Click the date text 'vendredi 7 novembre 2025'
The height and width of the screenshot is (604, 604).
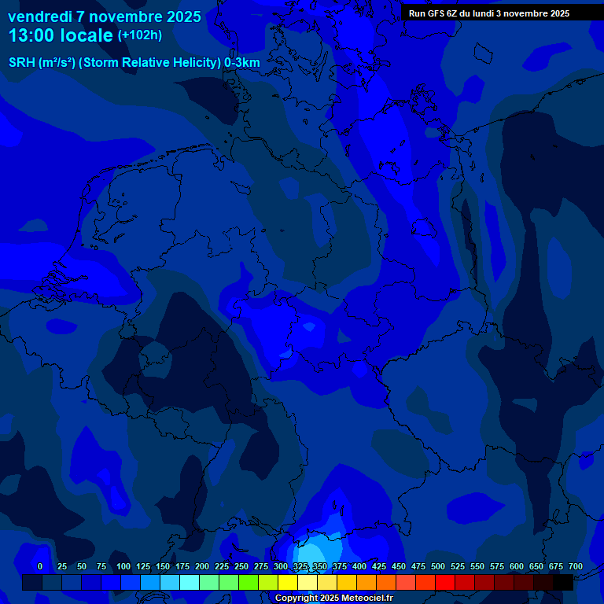(x=105, y=17)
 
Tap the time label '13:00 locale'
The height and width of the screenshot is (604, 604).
(x=61, y=35)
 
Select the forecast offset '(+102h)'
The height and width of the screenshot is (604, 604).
(x=139, y=35)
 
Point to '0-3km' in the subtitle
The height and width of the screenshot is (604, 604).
(x=242, y=62)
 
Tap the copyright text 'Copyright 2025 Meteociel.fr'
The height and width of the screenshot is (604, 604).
(x=333, y=598)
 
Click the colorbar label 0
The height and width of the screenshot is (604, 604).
(x=39, y=566)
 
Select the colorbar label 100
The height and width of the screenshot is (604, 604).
(x=123, y=566)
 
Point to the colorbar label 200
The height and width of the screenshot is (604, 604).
(x=202, y=566)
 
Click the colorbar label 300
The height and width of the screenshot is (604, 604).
(x=281, y=566)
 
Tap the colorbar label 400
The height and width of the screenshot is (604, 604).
(x=359, y=566)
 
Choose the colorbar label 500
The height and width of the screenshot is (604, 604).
(x=438, y=566)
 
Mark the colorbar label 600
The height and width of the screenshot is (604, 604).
(x=517, y=566)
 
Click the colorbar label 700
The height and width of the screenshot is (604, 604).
(x=576, y=566)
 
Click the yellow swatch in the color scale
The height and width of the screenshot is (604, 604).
(x=288, y=583)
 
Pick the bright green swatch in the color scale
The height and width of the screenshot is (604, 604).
(x=249, y=583)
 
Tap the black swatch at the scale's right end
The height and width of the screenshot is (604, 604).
(x=563, y=583)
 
